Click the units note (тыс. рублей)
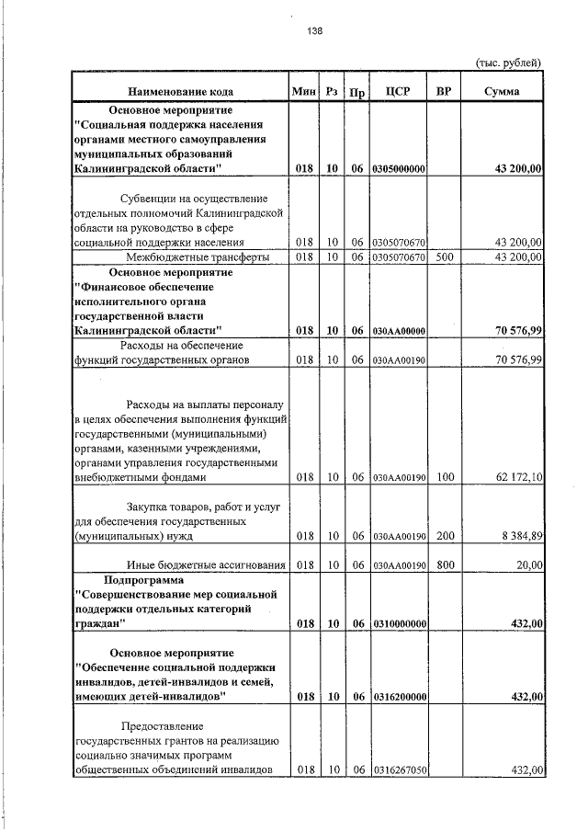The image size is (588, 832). point(508,63)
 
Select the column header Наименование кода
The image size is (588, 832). point(180,92)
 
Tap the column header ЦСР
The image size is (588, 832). point(398,92)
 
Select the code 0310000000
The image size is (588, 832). point(399,624)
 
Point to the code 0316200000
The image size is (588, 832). point(399,698)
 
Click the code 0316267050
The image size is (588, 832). point(399,769)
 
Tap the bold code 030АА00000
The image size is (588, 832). point(399,330)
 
